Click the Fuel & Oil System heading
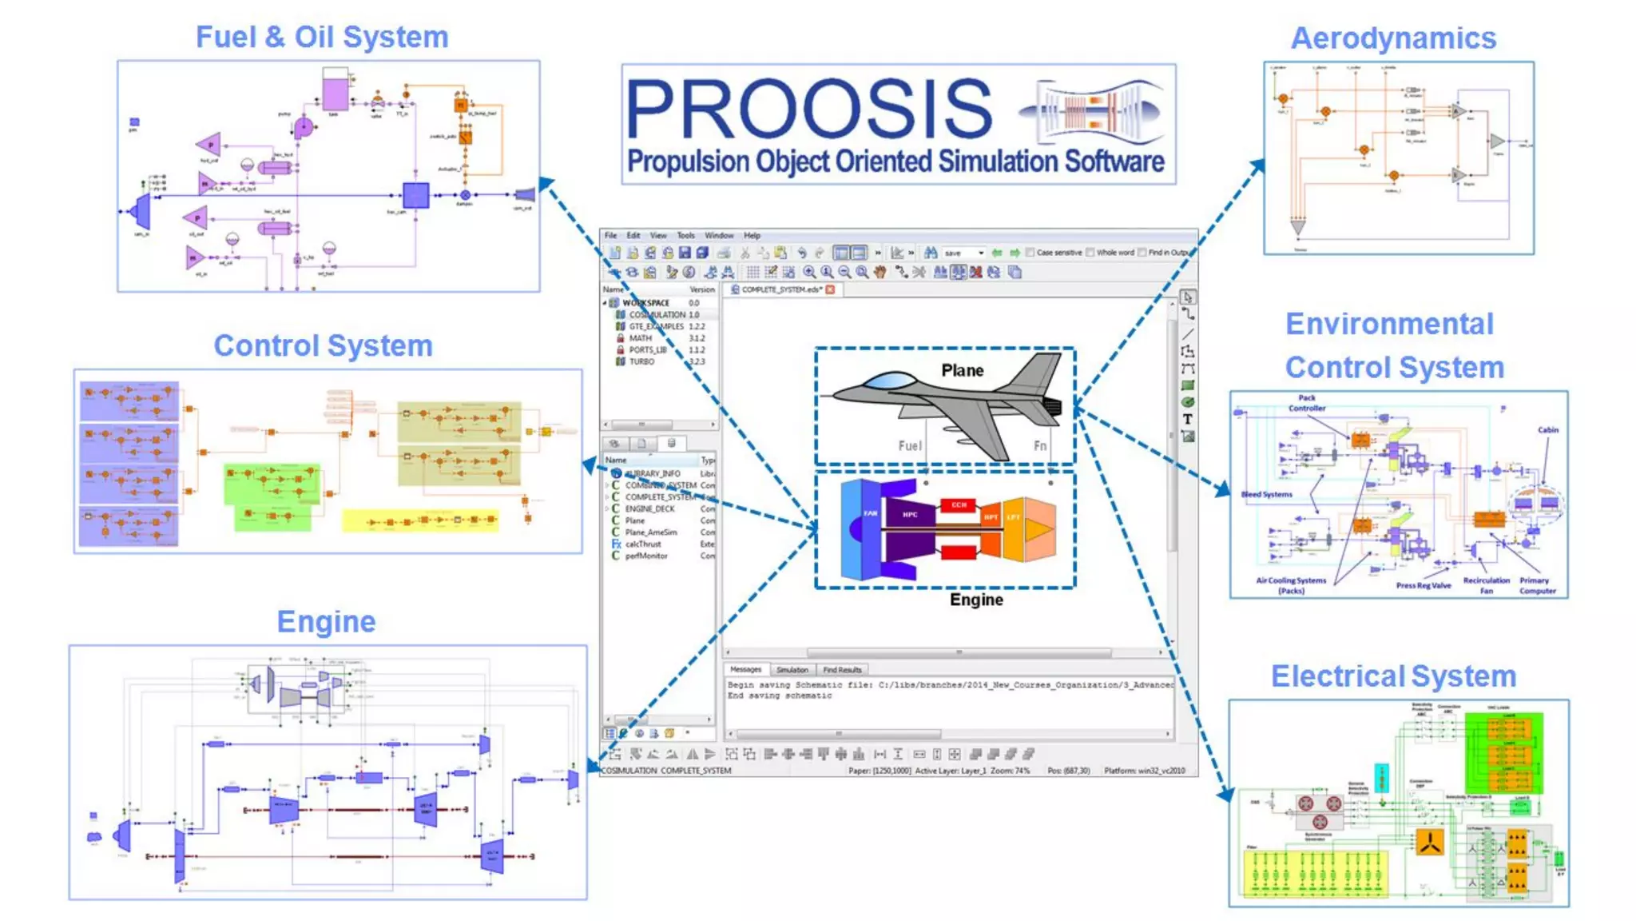point(322,38)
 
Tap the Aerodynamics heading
point(1393,38)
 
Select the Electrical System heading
point(1393,676)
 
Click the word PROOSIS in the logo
point(808,110)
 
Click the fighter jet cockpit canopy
point(891,381)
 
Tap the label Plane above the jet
point(962,370)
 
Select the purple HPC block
point(910,515)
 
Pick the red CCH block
point(959,504)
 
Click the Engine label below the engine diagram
point(976,600)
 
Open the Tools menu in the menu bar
point(685,236)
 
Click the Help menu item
point(752,236)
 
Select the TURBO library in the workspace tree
point(641,362)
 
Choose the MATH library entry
point(640,338)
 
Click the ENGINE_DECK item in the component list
point(649,508)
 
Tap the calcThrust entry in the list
point(643,544)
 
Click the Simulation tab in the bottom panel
point(792,670)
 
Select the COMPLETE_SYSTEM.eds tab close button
point(830,289)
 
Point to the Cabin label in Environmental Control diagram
point(1548,430)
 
